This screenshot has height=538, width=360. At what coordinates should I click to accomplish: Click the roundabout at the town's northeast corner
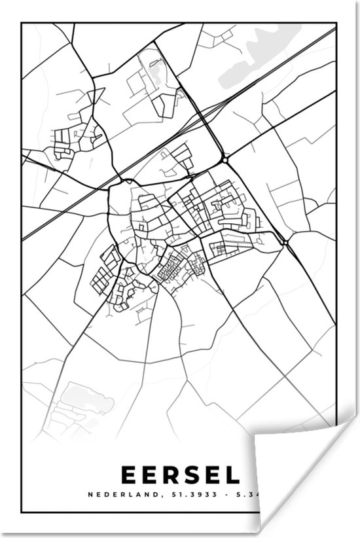(225, 159)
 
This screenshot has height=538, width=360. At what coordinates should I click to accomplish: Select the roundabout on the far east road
(285, 243)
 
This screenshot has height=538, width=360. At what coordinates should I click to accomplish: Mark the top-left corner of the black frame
(22, 24)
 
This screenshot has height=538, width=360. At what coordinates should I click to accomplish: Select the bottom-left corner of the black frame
(22, 512)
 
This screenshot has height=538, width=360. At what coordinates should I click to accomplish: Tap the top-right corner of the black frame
(336, 24)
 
